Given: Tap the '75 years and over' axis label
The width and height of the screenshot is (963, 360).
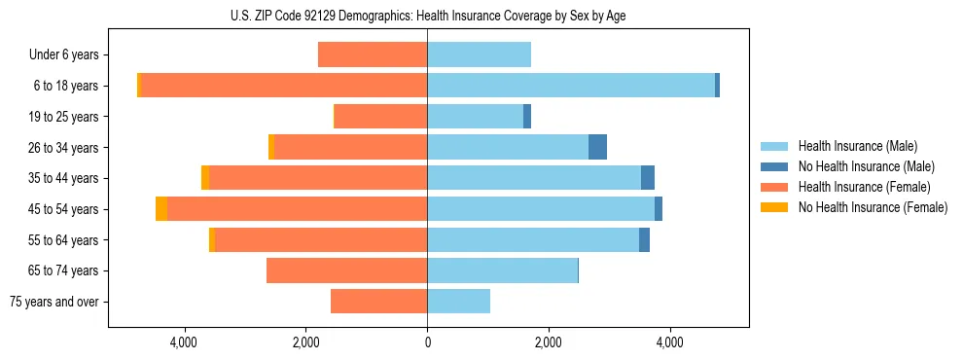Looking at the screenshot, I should point(54,302).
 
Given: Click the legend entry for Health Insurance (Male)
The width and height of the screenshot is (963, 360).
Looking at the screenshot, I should point(857,146).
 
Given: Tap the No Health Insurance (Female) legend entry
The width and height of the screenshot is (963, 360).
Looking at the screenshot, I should point(873,207).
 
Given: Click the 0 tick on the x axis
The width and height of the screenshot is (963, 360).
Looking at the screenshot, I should point(427,342).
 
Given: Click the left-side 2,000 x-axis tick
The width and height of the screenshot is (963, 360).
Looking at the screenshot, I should point(305,342).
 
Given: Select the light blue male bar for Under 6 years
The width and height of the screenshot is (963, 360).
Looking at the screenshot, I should point(479,55).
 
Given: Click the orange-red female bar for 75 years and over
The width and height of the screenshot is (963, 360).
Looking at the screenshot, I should point(378,302).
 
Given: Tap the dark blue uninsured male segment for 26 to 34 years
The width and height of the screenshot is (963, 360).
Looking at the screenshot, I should point(597,148).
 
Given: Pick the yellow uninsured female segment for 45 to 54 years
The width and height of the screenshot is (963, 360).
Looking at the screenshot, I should point(161,209).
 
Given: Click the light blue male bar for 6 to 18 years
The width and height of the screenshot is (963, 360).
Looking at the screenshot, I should point(571,86).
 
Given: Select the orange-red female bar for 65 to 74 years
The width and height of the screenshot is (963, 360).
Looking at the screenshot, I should point(346,270).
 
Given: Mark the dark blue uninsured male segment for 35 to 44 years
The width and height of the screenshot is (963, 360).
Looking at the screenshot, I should point(648,178).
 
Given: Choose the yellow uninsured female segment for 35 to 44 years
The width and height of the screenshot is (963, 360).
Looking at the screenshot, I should point(205,178).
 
